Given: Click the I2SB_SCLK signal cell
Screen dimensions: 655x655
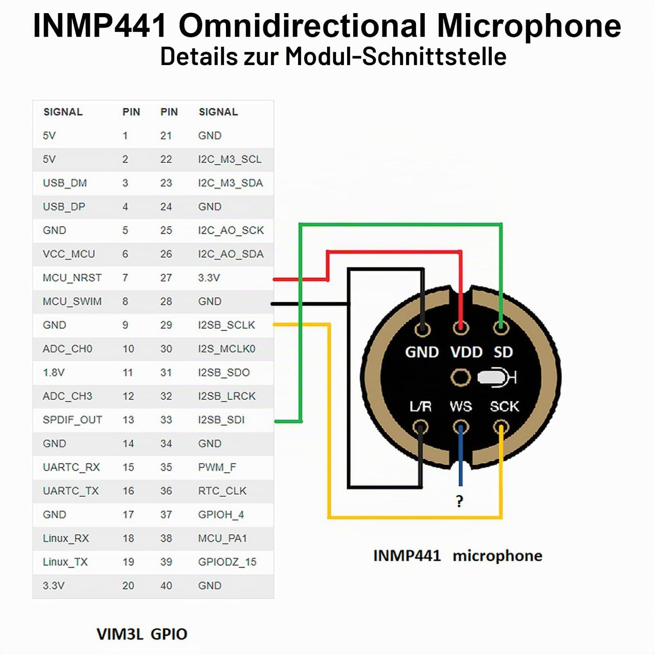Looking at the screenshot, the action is pyautogui.click(x=226, y=325).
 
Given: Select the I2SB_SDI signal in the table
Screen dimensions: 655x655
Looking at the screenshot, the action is pyautogui.click(x=221, y=420).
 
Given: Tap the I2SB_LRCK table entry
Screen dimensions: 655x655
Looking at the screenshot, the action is pyautogui.click(x=227, y=396).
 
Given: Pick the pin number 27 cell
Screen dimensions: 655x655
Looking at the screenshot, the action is pyautogui.click(x=166, y=278).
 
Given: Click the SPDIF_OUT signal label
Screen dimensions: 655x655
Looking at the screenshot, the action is pyautogui.click(x=73, y=420).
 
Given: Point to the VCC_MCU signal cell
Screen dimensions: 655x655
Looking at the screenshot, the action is pyautogui.click(x=69, y=254).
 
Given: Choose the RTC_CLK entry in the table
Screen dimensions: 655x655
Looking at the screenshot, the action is pyautogui.click(x=222, y=491).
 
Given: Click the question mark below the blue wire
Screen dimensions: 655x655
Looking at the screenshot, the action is pyautogui.click(x=459, y=501).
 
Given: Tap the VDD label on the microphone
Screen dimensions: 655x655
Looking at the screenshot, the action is pyautogui.click(x=466, y=352).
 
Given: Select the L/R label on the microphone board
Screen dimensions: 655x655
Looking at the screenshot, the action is pyautogui.click(x=421, y=407).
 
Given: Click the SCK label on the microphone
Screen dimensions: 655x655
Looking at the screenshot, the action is pyautogui.click(x=504, y=407).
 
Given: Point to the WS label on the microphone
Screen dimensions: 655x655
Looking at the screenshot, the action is pyautogui.click(x=461, y=407).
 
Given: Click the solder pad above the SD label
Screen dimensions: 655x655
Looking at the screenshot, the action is pyautogui.click(x=501, y=328).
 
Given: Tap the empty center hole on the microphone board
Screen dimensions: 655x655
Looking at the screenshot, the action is pyautogui.click(x=460, y=378).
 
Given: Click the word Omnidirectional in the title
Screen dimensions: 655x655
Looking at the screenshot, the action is pyautogui.click(x=302, y=25).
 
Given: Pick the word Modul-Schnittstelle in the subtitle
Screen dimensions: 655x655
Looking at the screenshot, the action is pyautogui.click(x=396, y=56).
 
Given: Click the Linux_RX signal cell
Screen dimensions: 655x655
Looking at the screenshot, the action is pyautogui.click(x=66, y=539).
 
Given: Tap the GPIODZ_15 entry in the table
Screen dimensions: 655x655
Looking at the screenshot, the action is pyautogui.click(x=227, y=562).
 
